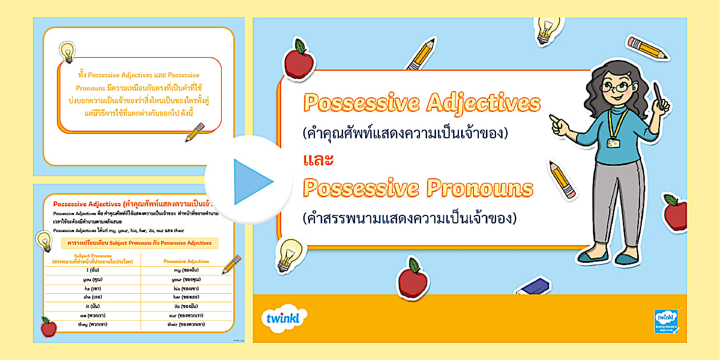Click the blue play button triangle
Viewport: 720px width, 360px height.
[x=251, y=182]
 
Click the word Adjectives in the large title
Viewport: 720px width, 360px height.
[x=483, y=103]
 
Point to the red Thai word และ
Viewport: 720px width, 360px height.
[x=318, y=161]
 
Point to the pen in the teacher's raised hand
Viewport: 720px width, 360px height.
[x=658, y=95]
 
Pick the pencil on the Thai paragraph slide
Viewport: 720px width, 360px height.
[x=195, y=132]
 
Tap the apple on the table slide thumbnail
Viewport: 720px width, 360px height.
[x=49, y=327]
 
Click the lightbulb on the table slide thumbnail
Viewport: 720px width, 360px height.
[x=44, y=241]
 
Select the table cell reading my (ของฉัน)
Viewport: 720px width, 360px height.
[x=186, y=270]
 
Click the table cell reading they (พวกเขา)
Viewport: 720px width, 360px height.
[x=93, y=324]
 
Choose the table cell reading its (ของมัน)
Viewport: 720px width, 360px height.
[x=186, y=306]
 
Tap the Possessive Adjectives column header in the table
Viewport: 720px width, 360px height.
[x=186, y=261]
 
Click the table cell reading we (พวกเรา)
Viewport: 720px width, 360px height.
[x=93, y=315]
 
